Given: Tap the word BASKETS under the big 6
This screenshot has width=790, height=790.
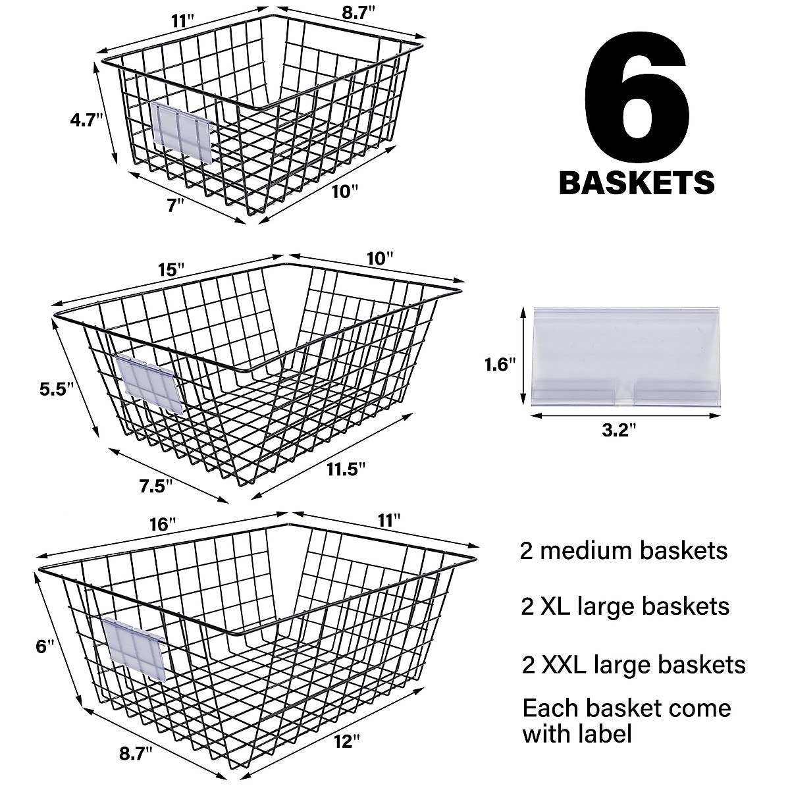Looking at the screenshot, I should pos(637,182).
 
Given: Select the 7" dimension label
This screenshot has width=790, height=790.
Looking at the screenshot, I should pos(175,205).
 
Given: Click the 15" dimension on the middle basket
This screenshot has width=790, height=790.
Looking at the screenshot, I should pos(171,270).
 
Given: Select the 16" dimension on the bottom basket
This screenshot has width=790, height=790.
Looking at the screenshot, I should pos(163,525).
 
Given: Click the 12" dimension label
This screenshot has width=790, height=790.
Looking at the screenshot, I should pos(346,742).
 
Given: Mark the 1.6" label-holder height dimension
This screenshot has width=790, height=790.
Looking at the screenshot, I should pos(497,364).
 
